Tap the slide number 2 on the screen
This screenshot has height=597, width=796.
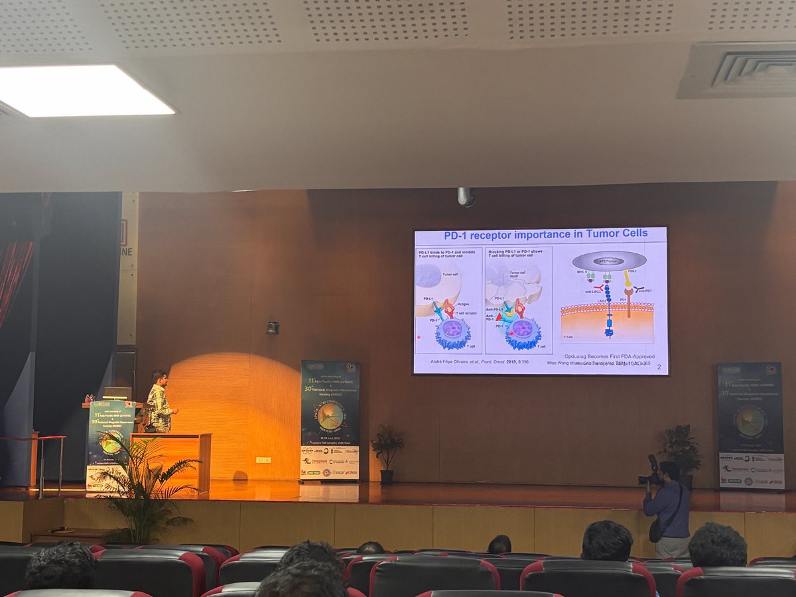point(659,367)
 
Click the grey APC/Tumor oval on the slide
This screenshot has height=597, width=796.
point(609,261)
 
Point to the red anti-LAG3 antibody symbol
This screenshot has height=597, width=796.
point(600,287)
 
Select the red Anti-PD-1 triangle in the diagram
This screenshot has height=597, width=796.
point(498,317)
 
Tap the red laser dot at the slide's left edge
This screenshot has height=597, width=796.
point(419,338)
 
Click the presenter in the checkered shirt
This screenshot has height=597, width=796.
point(159,401)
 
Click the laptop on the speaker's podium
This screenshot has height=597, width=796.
point(117,394)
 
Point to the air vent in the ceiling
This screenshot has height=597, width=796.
point(736,70)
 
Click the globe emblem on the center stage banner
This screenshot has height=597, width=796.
point(330,416)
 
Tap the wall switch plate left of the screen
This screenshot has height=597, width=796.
point(272,328)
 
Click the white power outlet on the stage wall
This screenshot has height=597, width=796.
point(263,460)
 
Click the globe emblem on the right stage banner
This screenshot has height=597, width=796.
point(750,422)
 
